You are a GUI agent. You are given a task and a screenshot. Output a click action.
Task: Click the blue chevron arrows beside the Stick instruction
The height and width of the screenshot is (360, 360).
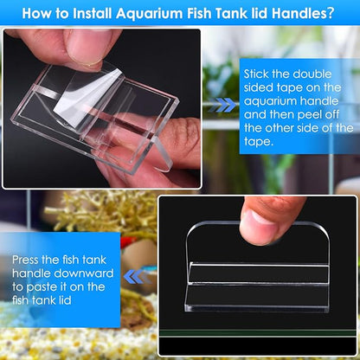coord(225,105)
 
